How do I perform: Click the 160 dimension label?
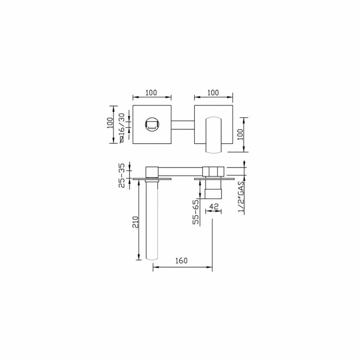pos(182,261)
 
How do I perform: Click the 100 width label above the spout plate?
pos(151,92)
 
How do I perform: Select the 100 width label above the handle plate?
pos(213,92)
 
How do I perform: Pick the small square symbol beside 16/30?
pos(122,140)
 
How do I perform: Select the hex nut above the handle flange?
pos(213,171)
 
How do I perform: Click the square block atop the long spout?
pos(152,171)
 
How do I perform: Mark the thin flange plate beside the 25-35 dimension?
pos(152,178)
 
